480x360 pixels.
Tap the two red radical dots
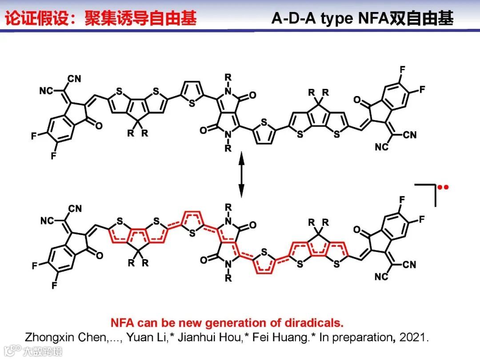[x=443, y=187]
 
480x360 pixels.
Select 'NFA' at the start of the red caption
[x=122, y=323]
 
